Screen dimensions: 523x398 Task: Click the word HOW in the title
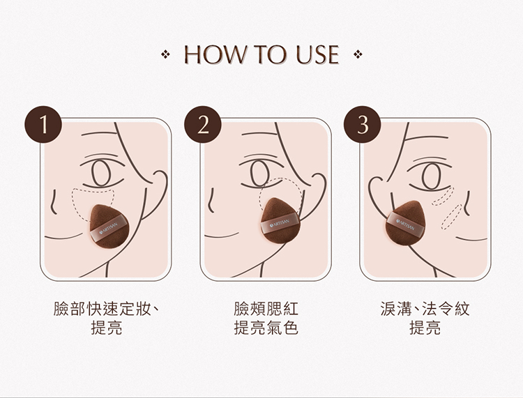coord(214,54)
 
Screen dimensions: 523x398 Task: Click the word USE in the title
coord(317,54)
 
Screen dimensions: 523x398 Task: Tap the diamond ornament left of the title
coord(165,54)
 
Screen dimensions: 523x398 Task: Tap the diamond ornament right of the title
coord(358,54)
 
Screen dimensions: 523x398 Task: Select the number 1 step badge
coord(43,124)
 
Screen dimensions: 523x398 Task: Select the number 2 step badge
coord(203,124)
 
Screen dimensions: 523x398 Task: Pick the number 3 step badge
coord(363,124)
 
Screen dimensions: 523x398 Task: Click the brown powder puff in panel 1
coord(109,226)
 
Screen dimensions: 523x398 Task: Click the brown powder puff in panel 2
coord(280,221)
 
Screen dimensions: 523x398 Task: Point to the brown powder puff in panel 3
coord(405,223)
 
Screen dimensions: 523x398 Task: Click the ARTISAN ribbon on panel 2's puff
coord(280,224)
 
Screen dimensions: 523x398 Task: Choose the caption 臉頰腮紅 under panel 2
coord(266,309)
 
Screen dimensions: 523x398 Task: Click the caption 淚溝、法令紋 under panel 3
coord(425,309)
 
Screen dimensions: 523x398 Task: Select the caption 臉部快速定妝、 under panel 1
coord(107,309)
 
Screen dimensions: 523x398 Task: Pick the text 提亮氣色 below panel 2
coord(266,328)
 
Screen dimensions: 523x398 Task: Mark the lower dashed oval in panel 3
coord(451,217)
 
